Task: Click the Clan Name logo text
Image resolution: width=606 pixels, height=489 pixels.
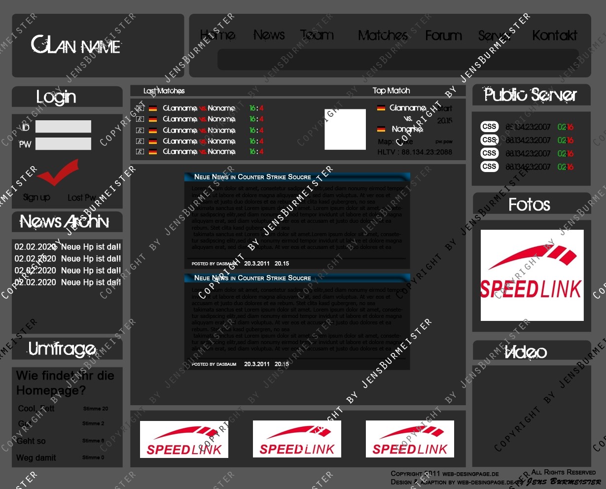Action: click(76, 45)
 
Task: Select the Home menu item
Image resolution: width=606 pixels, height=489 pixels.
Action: click(217, 35)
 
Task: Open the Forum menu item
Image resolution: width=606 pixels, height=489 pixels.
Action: click(443, 35)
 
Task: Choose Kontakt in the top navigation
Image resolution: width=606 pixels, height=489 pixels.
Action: click(554, 35)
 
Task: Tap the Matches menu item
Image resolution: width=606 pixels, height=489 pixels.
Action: click(382, 35)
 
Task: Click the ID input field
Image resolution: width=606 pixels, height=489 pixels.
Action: click(63, 127)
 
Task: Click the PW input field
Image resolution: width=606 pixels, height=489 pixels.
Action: click(63, 144)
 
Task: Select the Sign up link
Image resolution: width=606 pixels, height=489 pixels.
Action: click(36, 197)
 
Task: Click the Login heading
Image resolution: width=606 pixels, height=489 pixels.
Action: click(56, 97)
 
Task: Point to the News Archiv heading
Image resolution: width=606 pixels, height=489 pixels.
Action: click(64, 222)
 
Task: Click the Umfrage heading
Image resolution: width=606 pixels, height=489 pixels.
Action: click(62, 349)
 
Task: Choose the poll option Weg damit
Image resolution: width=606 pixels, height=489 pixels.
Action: click(36, 458)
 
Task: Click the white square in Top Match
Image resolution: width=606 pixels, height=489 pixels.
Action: click(345, 130)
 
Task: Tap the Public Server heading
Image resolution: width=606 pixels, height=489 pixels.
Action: click(530, 95)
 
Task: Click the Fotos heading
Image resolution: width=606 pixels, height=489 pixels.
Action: click(529, 205)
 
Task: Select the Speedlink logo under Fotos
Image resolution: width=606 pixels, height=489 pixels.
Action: click(532, 275)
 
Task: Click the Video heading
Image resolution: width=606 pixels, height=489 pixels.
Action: click(526, 352)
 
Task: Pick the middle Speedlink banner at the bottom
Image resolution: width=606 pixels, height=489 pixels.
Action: click(297, 439)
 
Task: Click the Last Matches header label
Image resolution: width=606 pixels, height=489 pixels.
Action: click(164, 91)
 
